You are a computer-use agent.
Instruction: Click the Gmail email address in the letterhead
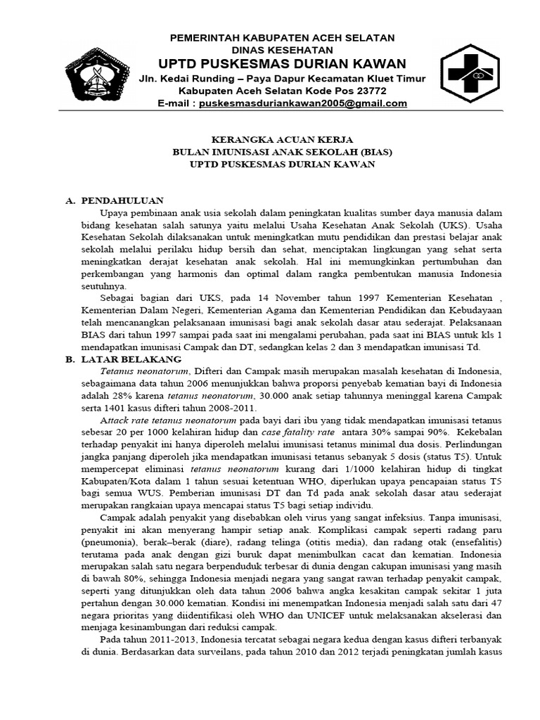(303, 103)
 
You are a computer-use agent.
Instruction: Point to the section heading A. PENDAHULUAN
(114, 200)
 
